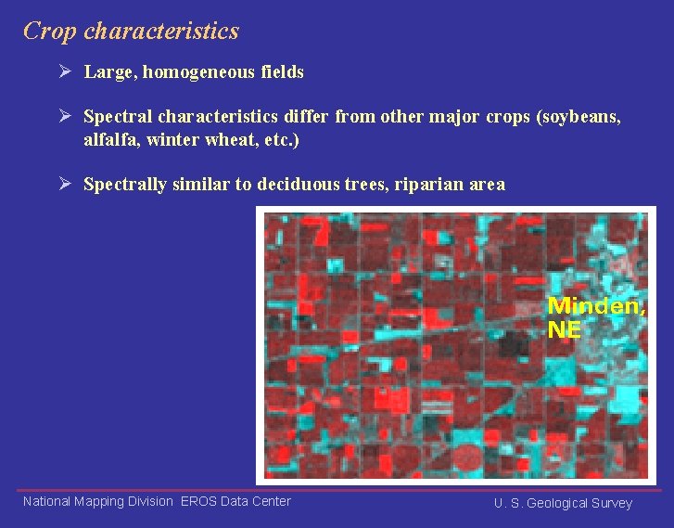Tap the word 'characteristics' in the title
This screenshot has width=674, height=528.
[161, 32]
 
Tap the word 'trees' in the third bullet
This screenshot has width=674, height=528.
[362, 185]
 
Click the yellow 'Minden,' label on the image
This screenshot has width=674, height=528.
[596, 306]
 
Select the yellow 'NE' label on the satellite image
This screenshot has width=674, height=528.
[565, 329]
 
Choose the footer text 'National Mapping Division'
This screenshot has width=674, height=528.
[97, 501]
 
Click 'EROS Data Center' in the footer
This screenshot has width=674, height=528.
[235, 501]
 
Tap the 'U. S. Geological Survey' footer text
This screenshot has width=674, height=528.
[563, 503]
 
